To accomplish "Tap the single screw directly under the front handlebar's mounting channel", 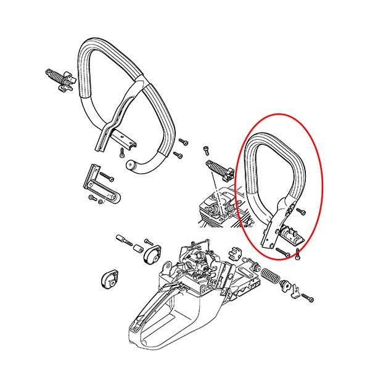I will [x=119, y=151].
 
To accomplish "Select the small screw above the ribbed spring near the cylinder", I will [x=206, y=150].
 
